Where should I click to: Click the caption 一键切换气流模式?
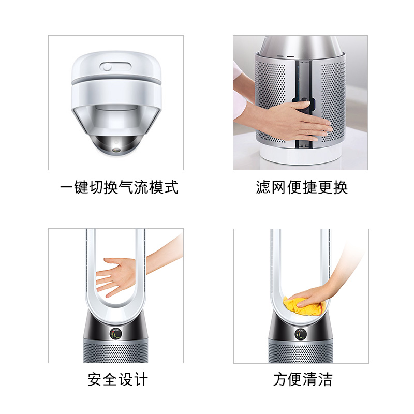click(x=119, y=187)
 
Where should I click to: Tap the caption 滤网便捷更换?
click(x=302, y=187)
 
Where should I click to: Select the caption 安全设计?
click(x=118, y=379)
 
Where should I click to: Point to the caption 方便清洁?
click(x=303, y=379)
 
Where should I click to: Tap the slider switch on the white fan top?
click(x=115, y=67)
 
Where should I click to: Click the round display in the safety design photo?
click(x=115, y=334)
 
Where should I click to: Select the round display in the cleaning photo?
click(x=301, y=334)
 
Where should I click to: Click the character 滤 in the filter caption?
click(x=263, y=187)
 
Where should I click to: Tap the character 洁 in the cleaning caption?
click(x=325, y=379)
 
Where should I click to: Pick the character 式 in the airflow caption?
click(x=171, y=187)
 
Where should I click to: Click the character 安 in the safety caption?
click(x=95, y=379)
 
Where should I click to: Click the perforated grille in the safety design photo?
click(x=115, y=351)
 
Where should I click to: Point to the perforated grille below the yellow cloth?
click(x=301, y=352)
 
